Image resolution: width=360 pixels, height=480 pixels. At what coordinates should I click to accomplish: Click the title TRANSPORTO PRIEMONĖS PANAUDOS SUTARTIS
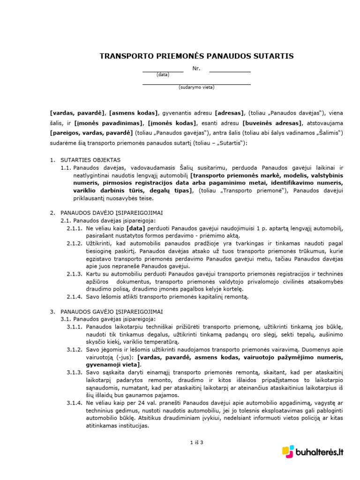196,56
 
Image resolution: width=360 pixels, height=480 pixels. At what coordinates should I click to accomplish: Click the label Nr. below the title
196,68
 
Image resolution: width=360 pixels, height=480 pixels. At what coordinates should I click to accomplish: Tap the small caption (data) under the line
163,75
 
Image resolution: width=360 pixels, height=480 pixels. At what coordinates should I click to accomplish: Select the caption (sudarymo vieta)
196,87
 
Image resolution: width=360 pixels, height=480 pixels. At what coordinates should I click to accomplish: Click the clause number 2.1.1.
74,228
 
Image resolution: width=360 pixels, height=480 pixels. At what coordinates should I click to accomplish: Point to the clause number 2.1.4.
74,296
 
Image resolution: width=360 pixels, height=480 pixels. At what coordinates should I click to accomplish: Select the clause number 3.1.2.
74,350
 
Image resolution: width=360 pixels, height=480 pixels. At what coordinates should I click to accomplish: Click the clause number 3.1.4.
74,403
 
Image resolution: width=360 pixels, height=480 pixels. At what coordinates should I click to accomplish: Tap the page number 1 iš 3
196,442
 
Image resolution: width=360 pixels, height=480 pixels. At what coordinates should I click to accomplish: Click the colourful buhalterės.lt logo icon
288,451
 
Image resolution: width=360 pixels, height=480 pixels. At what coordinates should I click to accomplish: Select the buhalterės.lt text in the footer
320,452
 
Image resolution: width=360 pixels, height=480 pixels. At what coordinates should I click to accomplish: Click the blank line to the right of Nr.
230,71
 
